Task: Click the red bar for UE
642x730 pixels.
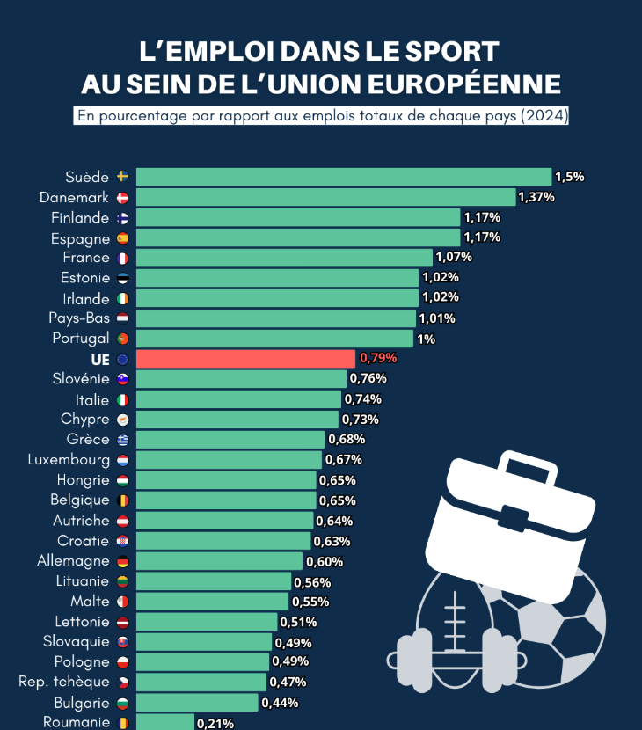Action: (x=246, y=358)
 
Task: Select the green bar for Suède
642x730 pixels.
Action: (x=343, y=177)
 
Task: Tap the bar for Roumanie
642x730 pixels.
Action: (x=164, y=722)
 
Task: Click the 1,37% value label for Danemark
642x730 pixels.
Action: (x=536, y=197)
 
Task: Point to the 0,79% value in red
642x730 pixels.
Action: (x=378, y=358)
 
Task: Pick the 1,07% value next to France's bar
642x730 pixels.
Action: (x=454, y=258)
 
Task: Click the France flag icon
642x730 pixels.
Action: (x=122, y=258)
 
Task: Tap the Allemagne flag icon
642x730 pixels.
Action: (x=122, y=561)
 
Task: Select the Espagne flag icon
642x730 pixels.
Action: (x=122, y=237)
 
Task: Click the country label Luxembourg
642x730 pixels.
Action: (x=69, y=460)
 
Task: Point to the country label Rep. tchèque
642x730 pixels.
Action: (x=64, y=682)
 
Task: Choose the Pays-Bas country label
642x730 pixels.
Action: (x=80, y=318)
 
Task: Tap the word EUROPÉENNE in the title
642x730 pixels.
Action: (x=463, y=84)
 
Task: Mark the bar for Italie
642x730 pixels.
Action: (x=238, y=399)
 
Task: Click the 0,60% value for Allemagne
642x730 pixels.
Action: (x=325, y=561)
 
